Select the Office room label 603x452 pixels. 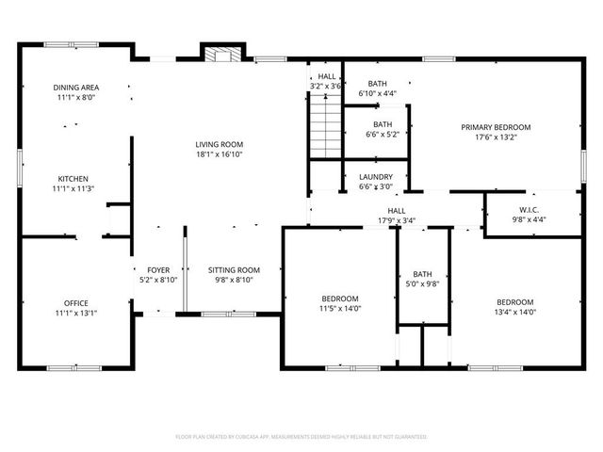click(x=76, y=302)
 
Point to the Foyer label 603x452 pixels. click(x=157, y=269)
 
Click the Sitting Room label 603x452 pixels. click(x=234, y=269)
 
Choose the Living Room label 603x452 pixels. click(x=220, y=144)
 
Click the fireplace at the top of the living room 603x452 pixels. click(x=222, y=54)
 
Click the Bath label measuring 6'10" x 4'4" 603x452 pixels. click(x=377, y=83)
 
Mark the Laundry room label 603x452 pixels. click(x=375, y=176)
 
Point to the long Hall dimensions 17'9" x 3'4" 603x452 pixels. click(x=396, y=221)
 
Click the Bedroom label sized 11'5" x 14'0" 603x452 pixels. click(x=340, y=299)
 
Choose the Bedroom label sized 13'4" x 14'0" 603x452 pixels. click(x=515, y=301)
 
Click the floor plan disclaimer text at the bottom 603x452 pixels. click(x=301, y=437)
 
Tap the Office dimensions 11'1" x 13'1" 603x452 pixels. click(x=76, y=313)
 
